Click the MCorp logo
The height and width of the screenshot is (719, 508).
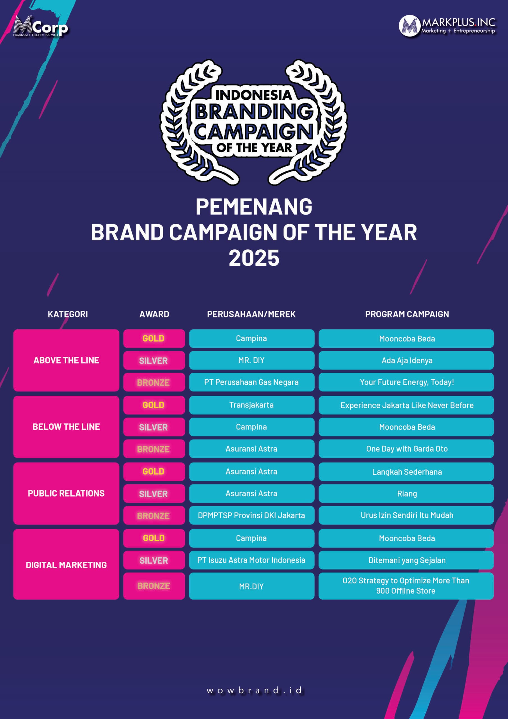(x=40, y=26)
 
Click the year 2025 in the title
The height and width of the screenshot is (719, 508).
(x=254, y=258)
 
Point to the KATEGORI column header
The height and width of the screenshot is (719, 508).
(x=68, y=314)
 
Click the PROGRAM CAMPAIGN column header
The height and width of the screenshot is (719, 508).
(x=407, y=314)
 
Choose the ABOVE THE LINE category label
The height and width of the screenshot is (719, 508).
(x=66, y=360)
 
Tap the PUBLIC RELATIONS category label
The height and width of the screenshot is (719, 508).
(x=66, y=493)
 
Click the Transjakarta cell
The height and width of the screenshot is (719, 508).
(x=252, y=405)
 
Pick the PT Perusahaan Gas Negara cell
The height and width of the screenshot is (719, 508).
(x=252, y=382)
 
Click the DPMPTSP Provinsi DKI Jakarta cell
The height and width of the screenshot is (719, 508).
(x=252, y=515)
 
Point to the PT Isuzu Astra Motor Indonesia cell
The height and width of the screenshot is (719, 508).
(x=252, y=560)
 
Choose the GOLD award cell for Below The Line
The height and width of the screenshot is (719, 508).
(x=154, y=405)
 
